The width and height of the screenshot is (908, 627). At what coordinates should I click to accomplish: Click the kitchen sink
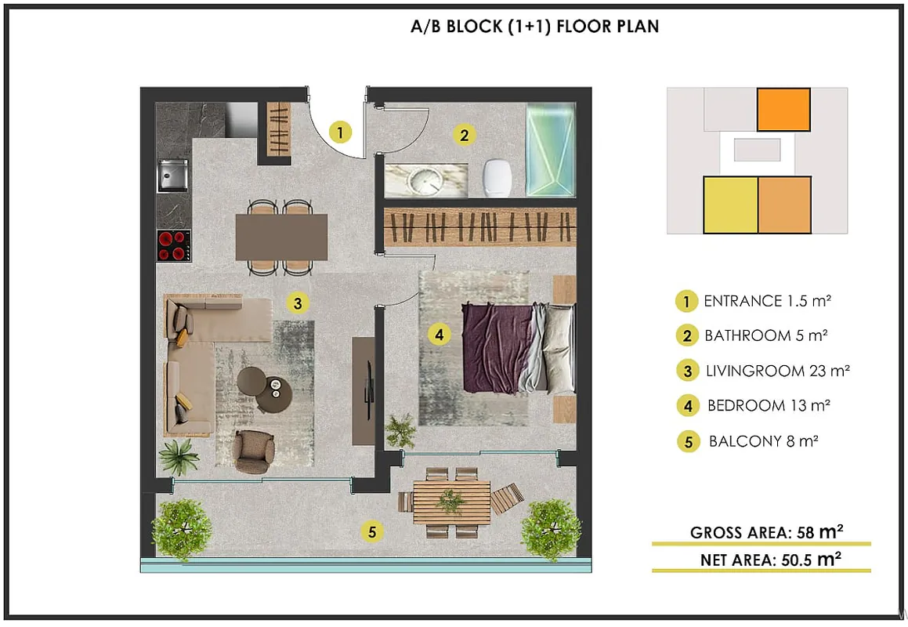[x=173, y=175]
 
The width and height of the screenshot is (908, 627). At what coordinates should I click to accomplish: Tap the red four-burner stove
[x=174, y=245]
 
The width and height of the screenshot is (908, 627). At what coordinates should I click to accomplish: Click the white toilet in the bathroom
[x=497, y=178]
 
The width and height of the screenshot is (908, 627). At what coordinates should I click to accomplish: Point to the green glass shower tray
[x=551, y=150]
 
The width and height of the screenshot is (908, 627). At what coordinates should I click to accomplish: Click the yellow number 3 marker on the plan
[x=298, y=303]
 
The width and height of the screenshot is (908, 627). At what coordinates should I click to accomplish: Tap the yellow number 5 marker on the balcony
[x=372, y=531]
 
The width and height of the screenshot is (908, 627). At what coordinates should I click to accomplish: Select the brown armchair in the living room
[x=254, y=451]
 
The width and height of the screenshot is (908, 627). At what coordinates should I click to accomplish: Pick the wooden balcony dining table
[x=452, y=502]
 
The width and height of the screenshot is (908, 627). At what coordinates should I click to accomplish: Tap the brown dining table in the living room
[x=281, y=237]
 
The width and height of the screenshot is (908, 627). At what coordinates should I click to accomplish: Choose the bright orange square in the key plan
[x=783, y=110]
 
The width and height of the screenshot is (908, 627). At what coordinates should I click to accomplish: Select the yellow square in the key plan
[x=730, y=205]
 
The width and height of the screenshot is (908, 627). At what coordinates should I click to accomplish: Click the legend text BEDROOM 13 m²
[x=769, y=406]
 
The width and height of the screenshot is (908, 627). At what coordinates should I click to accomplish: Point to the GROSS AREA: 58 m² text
[x=766, y=532]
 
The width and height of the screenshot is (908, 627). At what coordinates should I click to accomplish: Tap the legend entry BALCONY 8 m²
[x=764, y=441]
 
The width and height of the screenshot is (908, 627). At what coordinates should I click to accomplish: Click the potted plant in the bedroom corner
[x=400, y=431]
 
